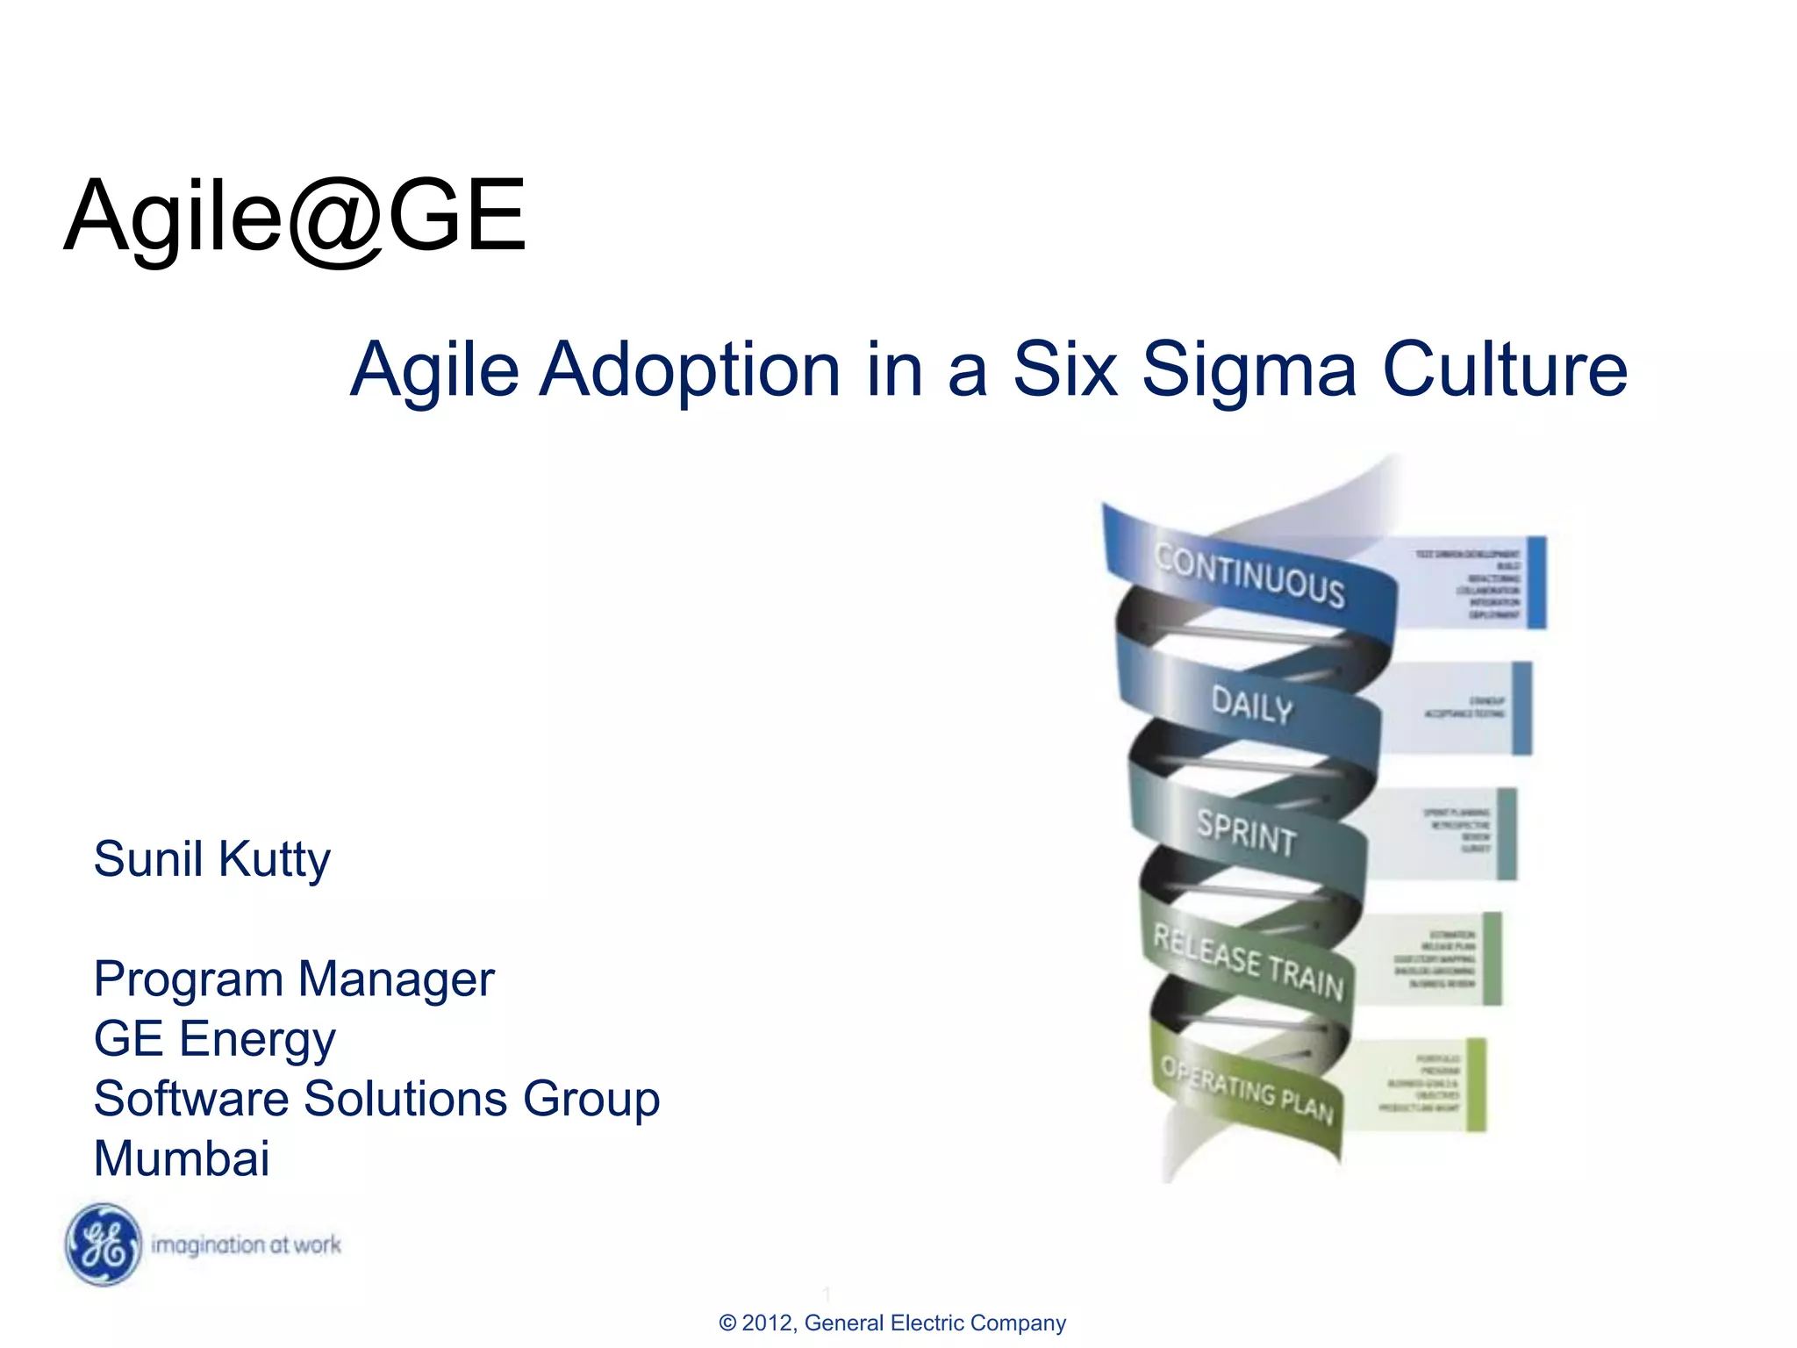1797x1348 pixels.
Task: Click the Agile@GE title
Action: coord(295,216)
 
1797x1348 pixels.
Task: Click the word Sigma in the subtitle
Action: coord(1249,370)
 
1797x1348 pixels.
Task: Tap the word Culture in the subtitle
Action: coord(1504,369)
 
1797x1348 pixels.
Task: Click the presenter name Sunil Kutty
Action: coord(212,858)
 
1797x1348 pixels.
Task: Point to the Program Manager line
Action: coord(294,979)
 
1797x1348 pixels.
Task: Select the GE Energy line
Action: coord(214,1039)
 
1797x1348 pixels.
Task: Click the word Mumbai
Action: coord(182,1158)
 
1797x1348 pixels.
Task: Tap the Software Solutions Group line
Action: coord(376,1099)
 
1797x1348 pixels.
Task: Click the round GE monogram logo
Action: coord(104,1244)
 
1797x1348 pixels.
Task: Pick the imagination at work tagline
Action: coord(246,1244)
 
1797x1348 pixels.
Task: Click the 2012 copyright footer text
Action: coord(891,1323)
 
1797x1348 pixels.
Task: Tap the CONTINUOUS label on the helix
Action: coord(1249,576)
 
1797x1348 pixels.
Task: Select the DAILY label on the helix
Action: coord(1252,705)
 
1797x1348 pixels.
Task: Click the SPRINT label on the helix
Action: coord(1247,832)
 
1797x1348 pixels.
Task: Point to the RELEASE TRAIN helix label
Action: coord(1248,962)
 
